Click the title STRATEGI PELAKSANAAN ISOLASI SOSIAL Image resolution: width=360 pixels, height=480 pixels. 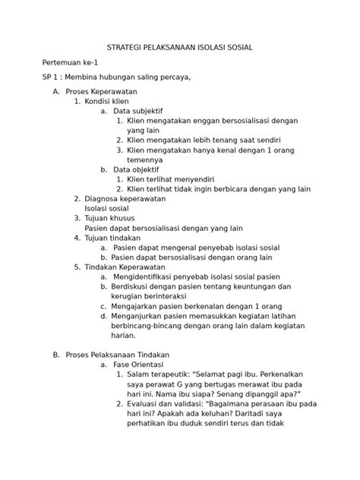tap(180, 47)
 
